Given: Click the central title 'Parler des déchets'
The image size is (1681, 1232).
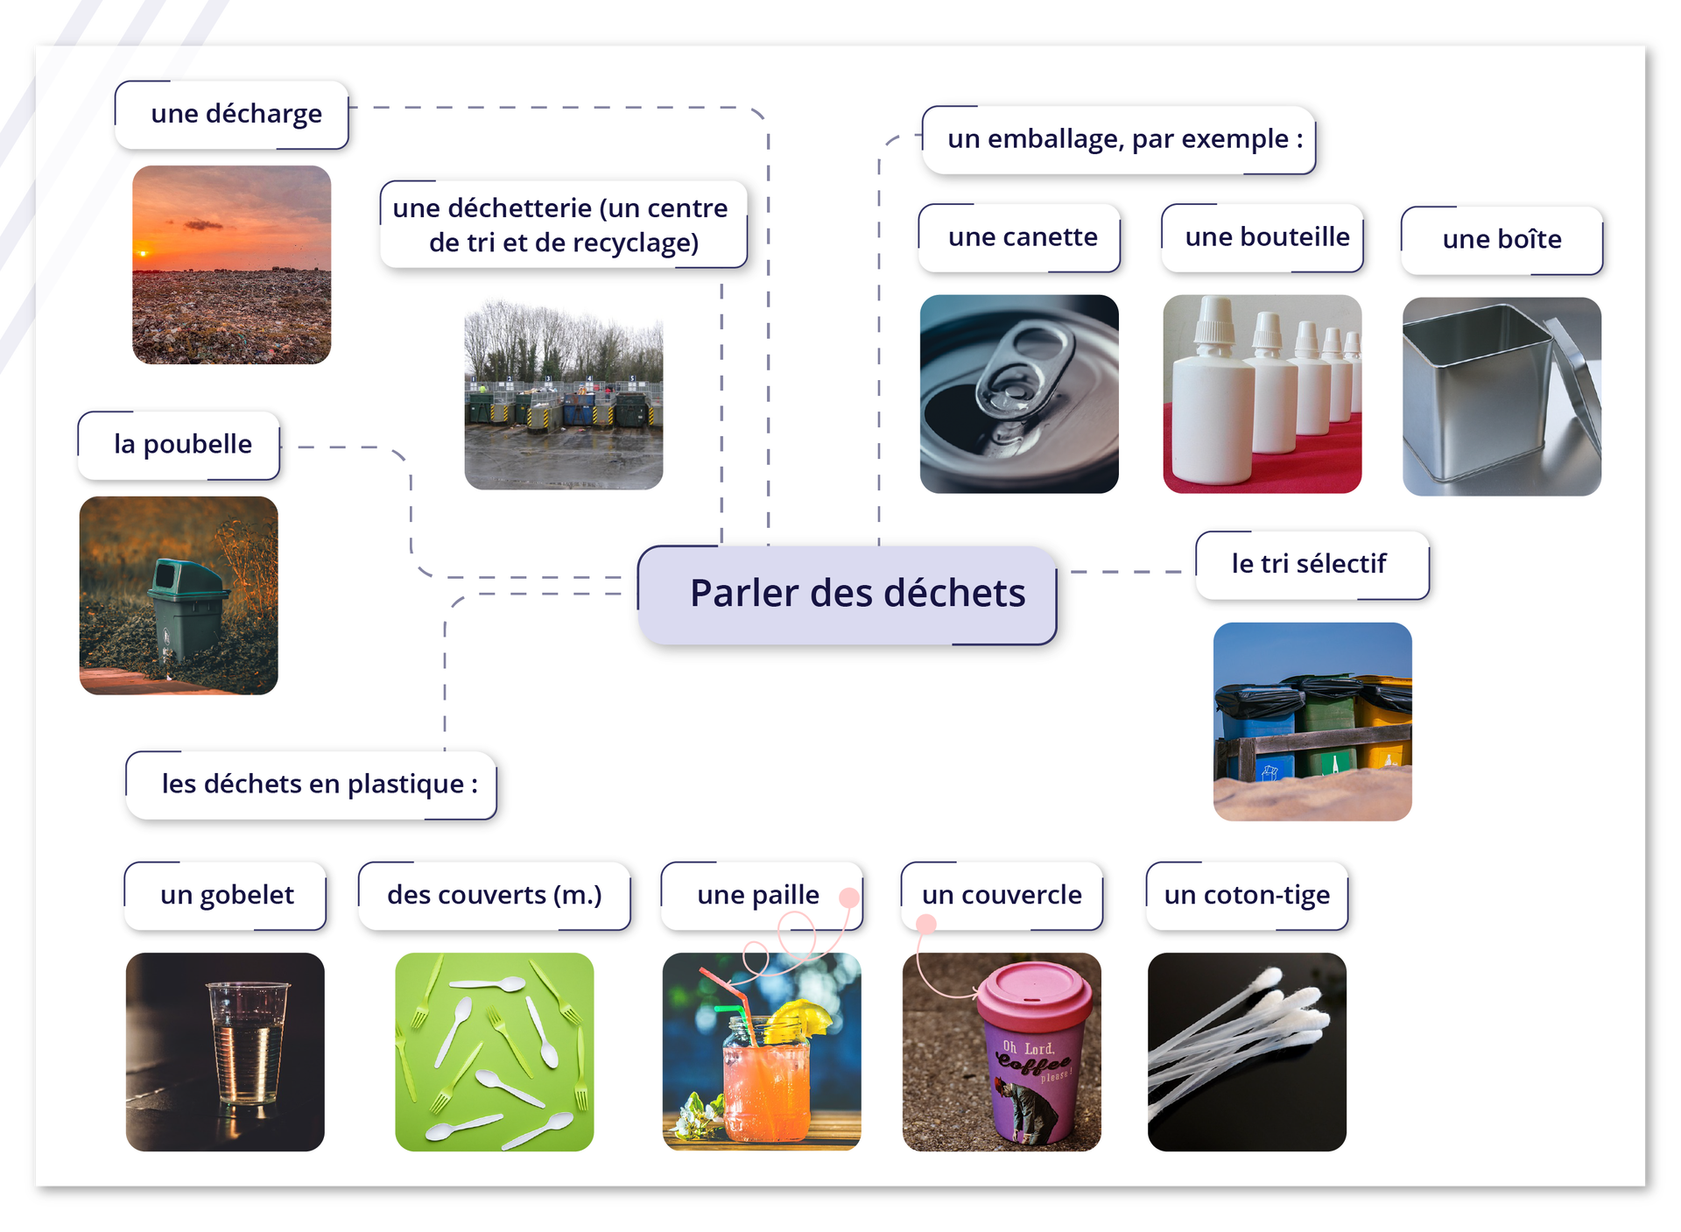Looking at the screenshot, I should point(856,594).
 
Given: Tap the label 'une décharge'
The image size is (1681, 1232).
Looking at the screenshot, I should point(236,114).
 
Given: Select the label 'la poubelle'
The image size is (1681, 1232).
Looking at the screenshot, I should point(182,444).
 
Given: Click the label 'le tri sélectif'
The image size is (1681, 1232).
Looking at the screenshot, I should point(1308,564).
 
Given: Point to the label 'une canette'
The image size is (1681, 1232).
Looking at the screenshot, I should point(1022,237).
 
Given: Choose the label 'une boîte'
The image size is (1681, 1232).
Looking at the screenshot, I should point(1501,239).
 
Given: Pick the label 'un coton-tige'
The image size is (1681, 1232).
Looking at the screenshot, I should point(1246,895).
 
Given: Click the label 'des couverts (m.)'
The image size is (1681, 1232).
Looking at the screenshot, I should point(494,895).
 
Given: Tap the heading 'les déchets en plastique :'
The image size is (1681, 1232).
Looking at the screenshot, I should point(319,784).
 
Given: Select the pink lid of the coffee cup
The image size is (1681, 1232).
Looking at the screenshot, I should point(1035,995).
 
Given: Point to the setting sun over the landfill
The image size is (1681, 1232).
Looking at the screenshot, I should point(144,253).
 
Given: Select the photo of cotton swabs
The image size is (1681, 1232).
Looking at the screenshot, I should point(1246,1051).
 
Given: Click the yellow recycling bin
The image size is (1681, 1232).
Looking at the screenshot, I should point(1387,727).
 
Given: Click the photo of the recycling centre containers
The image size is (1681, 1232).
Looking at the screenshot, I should point(563,394).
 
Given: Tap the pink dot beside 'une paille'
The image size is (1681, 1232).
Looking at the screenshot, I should point(848,898).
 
